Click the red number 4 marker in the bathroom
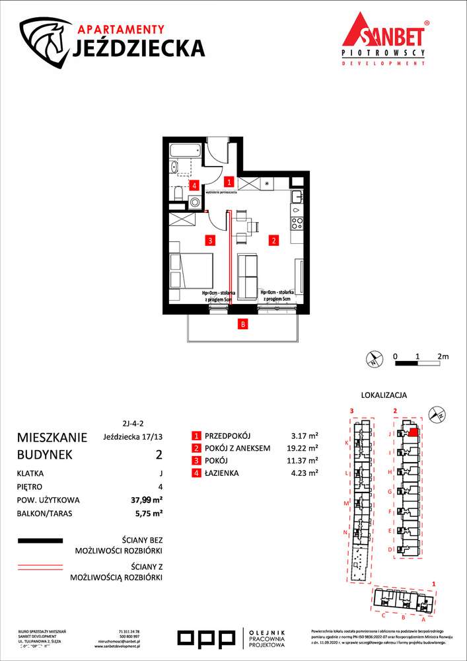194,186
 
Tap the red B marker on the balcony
243,324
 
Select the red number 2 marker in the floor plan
272,241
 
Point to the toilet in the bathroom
180,193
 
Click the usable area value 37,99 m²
147,500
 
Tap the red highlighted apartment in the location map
413,433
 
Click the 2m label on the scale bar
443,356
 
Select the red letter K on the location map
346,443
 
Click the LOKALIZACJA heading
384,395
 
